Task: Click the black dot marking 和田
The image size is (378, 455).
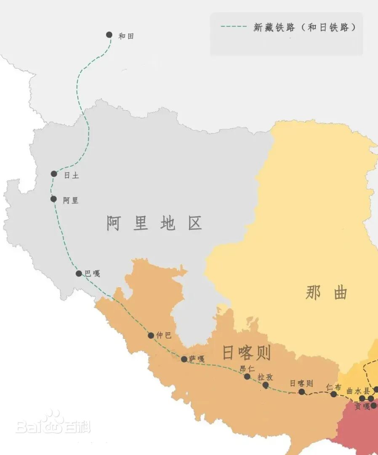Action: pos(109,35)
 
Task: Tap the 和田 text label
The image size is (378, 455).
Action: pos(126,36)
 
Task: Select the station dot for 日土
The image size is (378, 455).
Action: pos(54,174)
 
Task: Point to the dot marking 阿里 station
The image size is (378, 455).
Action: pos(53,199)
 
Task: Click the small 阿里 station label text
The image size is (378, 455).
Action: pos(71,201)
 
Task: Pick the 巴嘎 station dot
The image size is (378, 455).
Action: pos(79,273)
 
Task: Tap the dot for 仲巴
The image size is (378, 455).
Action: pos(151,335)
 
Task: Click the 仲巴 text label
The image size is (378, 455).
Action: pos(164,336)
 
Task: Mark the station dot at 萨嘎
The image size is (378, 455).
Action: pos(184,359)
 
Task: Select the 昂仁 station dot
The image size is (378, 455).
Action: pos(247,376)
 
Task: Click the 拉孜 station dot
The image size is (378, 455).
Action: pos(266,385)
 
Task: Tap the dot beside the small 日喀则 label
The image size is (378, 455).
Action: pos(301,392)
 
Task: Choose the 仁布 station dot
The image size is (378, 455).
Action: pos(333,394)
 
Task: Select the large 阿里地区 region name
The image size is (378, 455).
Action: pos(154,223)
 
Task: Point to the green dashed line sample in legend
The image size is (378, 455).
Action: pos(234,27)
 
